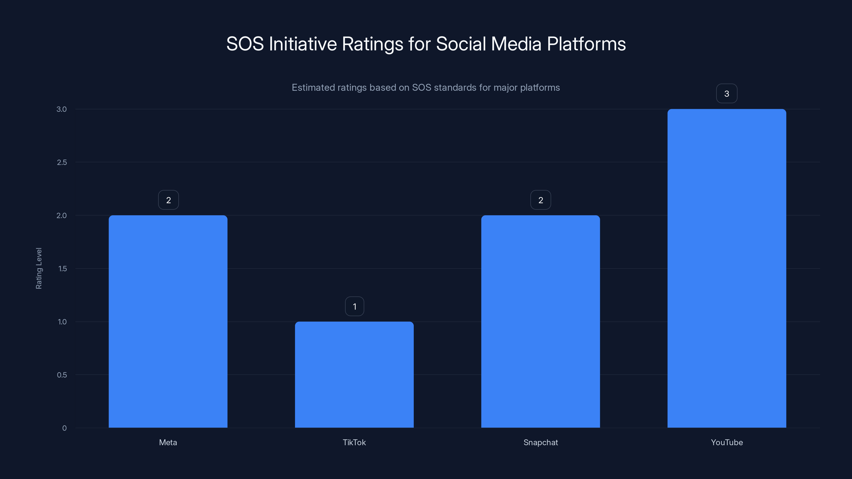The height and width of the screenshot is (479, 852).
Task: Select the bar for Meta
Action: (x=168, y=321)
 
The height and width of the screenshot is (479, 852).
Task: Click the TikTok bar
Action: (x=354, y=374)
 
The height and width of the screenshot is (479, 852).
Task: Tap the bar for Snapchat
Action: (x=540, y=321)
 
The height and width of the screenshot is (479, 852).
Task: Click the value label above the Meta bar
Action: (x=168, y=200)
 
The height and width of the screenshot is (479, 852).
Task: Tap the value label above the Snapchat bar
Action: (x=541, y=200)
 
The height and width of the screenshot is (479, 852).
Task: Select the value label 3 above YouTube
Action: (x=727, y=94)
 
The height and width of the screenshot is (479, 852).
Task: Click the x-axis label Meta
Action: (x=168, y=442)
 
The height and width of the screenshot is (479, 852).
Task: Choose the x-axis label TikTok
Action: (x=354, y=442)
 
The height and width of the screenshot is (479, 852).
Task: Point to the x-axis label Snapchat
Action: (x=540, y=442)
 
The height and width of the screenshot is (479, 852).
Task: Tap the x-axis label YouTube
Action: (x=727, y=442)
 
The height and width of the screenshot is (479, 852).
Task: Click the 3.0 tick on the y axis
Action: (x=62, y=109)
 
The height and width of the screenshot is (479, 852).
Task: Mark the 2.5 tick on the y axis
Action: (x=62, y=162)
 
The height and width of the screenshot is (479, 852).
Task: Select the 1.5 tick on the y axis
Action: (x=63, y=269)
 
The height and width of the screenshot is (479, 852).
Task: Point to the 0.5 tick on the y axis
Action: (x=62, y=375)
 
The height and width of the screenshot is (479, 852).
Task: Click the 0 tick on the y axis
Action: (x=64, y=428)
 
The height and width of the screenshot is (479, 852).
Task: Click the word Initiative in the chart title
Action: (x=303, y=44)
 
